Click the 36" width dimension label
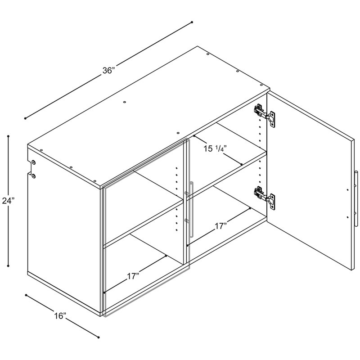tap(108, 71)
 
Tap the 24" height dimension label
tap(8, 201)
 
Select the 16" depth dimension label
tap(60, 316)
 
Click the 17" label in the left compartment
tap(134, 276)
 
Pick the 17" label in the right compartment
tap(221, 226)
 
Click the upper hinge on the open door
tap(265, 115)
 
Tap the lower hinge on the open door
tap(265, 198)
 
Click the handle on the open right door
tap(355, 198)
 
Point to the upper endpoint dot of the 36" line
tap(192, 22)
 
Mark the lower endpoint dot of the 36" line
tap(25, 118)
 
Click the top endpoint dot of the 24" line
tap(9, 136)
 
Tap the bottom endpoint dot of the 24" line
tap(9, 266)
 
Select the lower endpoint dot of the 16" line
tap(99, 337)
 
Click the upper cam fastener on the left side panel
tap(33, 162)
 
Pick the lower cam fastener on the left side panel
tap(33, 176)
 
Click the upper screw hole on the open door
tap(347, 190)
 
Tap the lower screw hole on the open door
tap(347, 217)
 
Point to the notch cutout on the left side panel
tap(29, 169)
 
